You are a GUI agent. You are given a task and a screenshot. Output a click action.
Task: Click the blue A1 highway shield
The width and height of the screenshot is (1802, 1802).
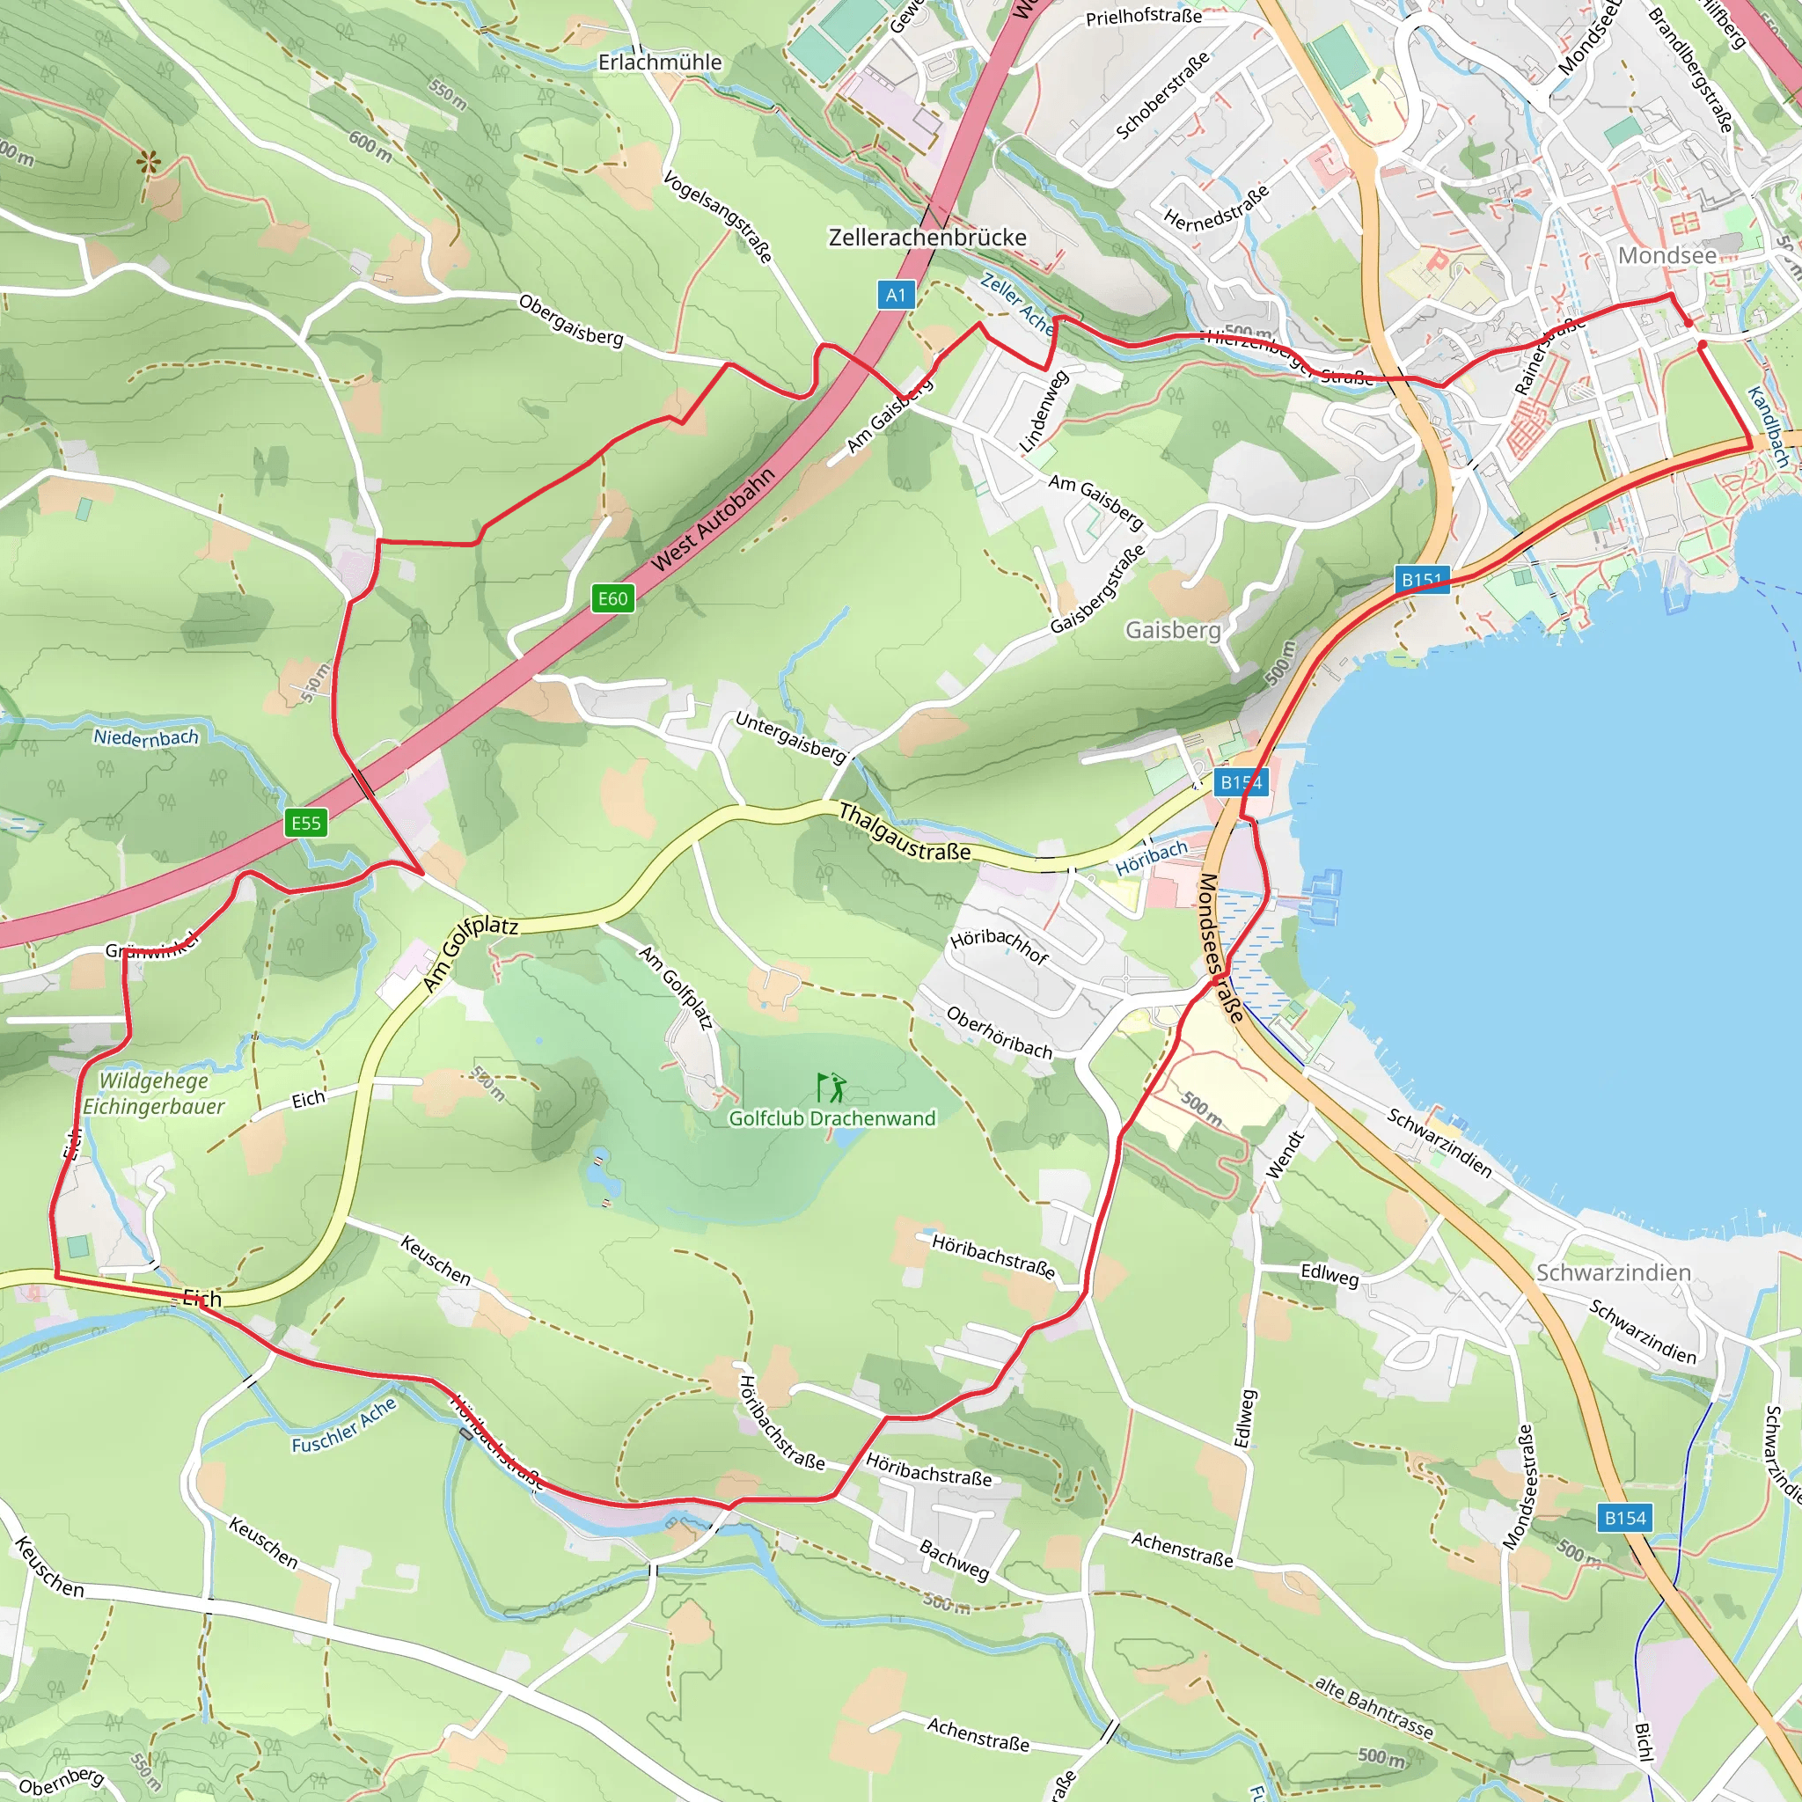[x=896, y=296]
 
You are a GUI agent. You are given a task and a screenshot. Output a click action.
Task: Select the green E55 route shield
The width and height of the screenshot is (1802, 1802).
[x=306, y=823]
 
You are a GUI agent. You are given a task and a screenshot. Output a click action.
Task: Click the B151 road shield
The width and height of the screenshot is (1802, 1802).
[x=1422, y=579]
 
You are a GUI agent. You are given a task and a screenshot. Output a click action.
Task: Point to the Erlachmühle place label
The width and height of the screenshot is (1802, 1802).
[x=659, y=62]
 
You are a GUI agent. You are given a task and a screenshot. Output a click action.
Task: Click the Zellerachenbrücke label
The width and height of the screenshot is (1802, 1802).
[x=927, y=238]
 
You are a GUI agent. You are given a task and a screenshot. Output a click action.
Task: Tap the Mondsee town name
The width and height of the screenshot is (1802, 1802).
[x=1666, y=255]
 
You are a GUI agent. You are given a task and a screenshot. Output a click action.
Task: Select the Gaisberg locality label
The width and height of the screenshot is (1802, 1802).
[x=1172, y=631]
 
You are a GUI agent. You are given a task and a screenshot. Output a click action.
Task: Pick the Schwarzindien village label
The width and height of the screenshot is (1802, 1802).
[x=1613, y=1273]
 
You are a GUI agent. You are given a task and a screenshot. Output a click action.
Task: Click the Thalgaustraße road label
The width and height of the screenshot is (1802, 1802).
[x=904, y=833]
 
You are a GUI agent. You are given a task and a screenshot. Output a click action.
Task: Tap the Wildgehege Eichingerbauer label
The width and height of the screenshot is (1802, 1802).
[x=154, y=1093]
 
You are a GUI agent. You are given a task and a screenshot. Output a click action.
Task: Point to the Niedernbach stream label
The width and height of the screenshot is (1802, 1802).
[x=146, y=736]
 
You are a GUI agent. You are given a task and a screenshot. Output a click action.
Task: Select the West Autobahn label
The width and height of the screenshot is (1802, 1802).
[x=714, y=519]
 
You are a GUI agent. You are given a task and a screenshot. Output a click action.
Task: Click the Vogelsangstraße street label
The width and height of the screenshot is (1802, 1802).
[x=717, y=216]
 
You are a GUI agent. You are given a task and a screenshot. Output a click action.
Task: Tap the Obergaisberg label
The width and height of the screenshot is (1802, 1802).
[x=571, y=320]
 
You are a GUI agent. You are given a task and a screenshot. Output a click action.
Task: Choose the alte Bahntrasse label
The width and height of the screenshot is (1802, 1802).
[x=1373, y=1708]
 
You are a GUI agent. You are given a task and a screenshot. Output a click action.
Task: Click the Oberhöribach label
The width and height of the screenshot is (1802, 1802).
[x=999, y=1032]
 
